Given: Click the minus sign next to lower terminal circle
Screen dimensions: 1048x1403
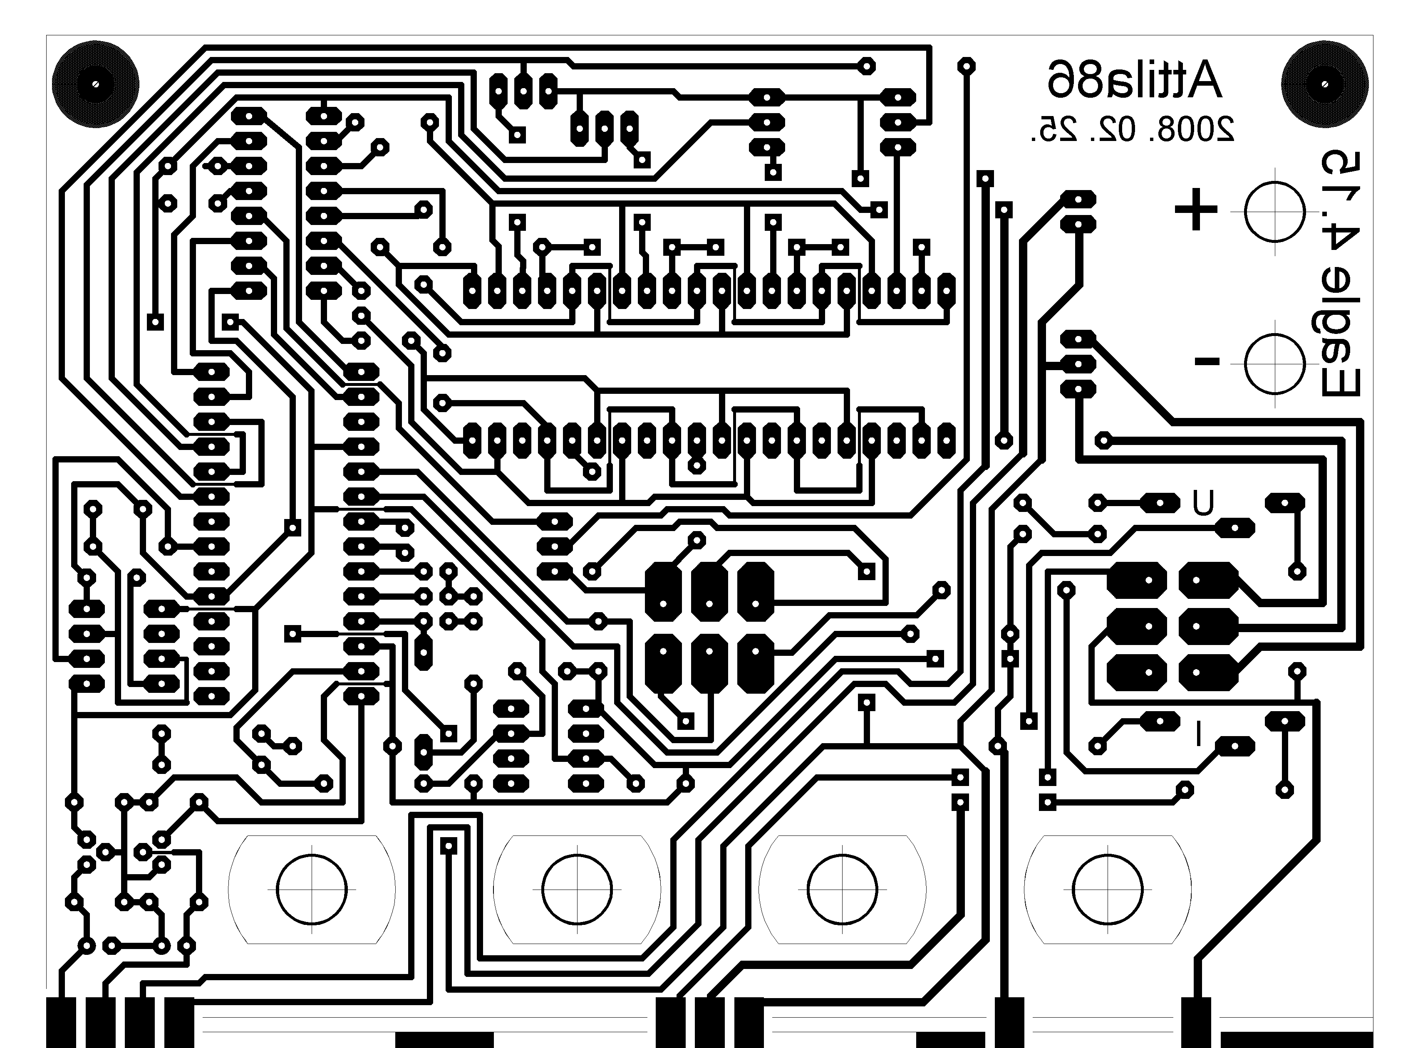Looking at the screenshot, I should click(x=1207, y=362).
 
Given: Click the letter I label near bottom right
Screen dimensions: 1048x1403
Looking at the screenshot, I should click(x=1199, y=734).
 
